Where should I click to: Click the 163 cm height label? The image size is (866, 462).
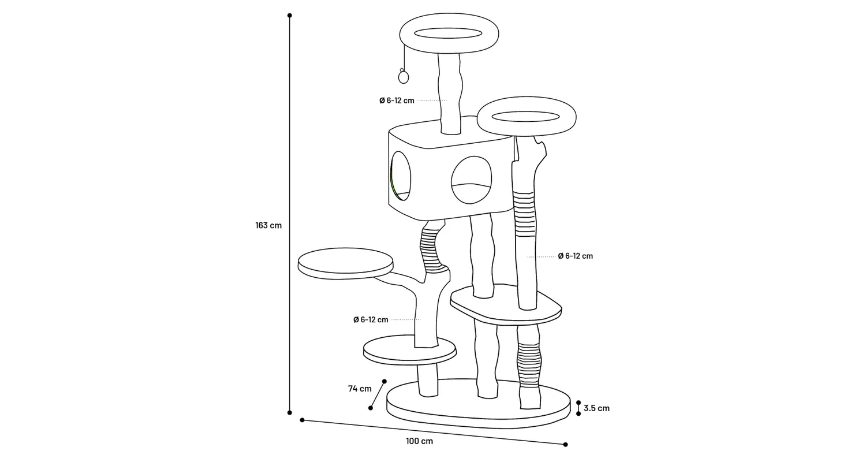268,225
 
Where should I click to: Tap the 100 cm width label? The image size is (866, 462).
419,441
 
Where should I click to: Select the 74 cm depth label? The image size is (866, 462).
360,389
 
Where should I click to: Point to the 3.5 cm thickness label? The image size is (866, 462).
596,408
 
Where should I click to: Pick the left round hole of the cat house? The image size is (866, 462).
400,176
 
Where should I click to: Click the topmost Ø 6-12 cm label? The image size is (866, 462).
397,100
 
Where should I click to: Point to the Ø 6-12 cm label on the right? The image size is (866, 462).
575,256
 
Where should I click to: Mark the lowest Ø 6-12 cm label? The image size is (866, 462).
371,319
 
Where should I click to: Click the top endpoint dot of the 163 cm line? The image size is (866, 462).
289,16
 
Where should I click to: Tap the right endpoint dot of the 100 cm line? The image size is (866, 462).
565,445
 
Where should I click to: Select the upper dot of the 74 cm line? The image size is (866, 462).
385,381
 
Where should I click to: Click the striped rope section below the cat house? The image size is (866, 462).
431,249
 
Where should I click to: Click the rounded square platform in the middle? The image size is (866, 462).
506,305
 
